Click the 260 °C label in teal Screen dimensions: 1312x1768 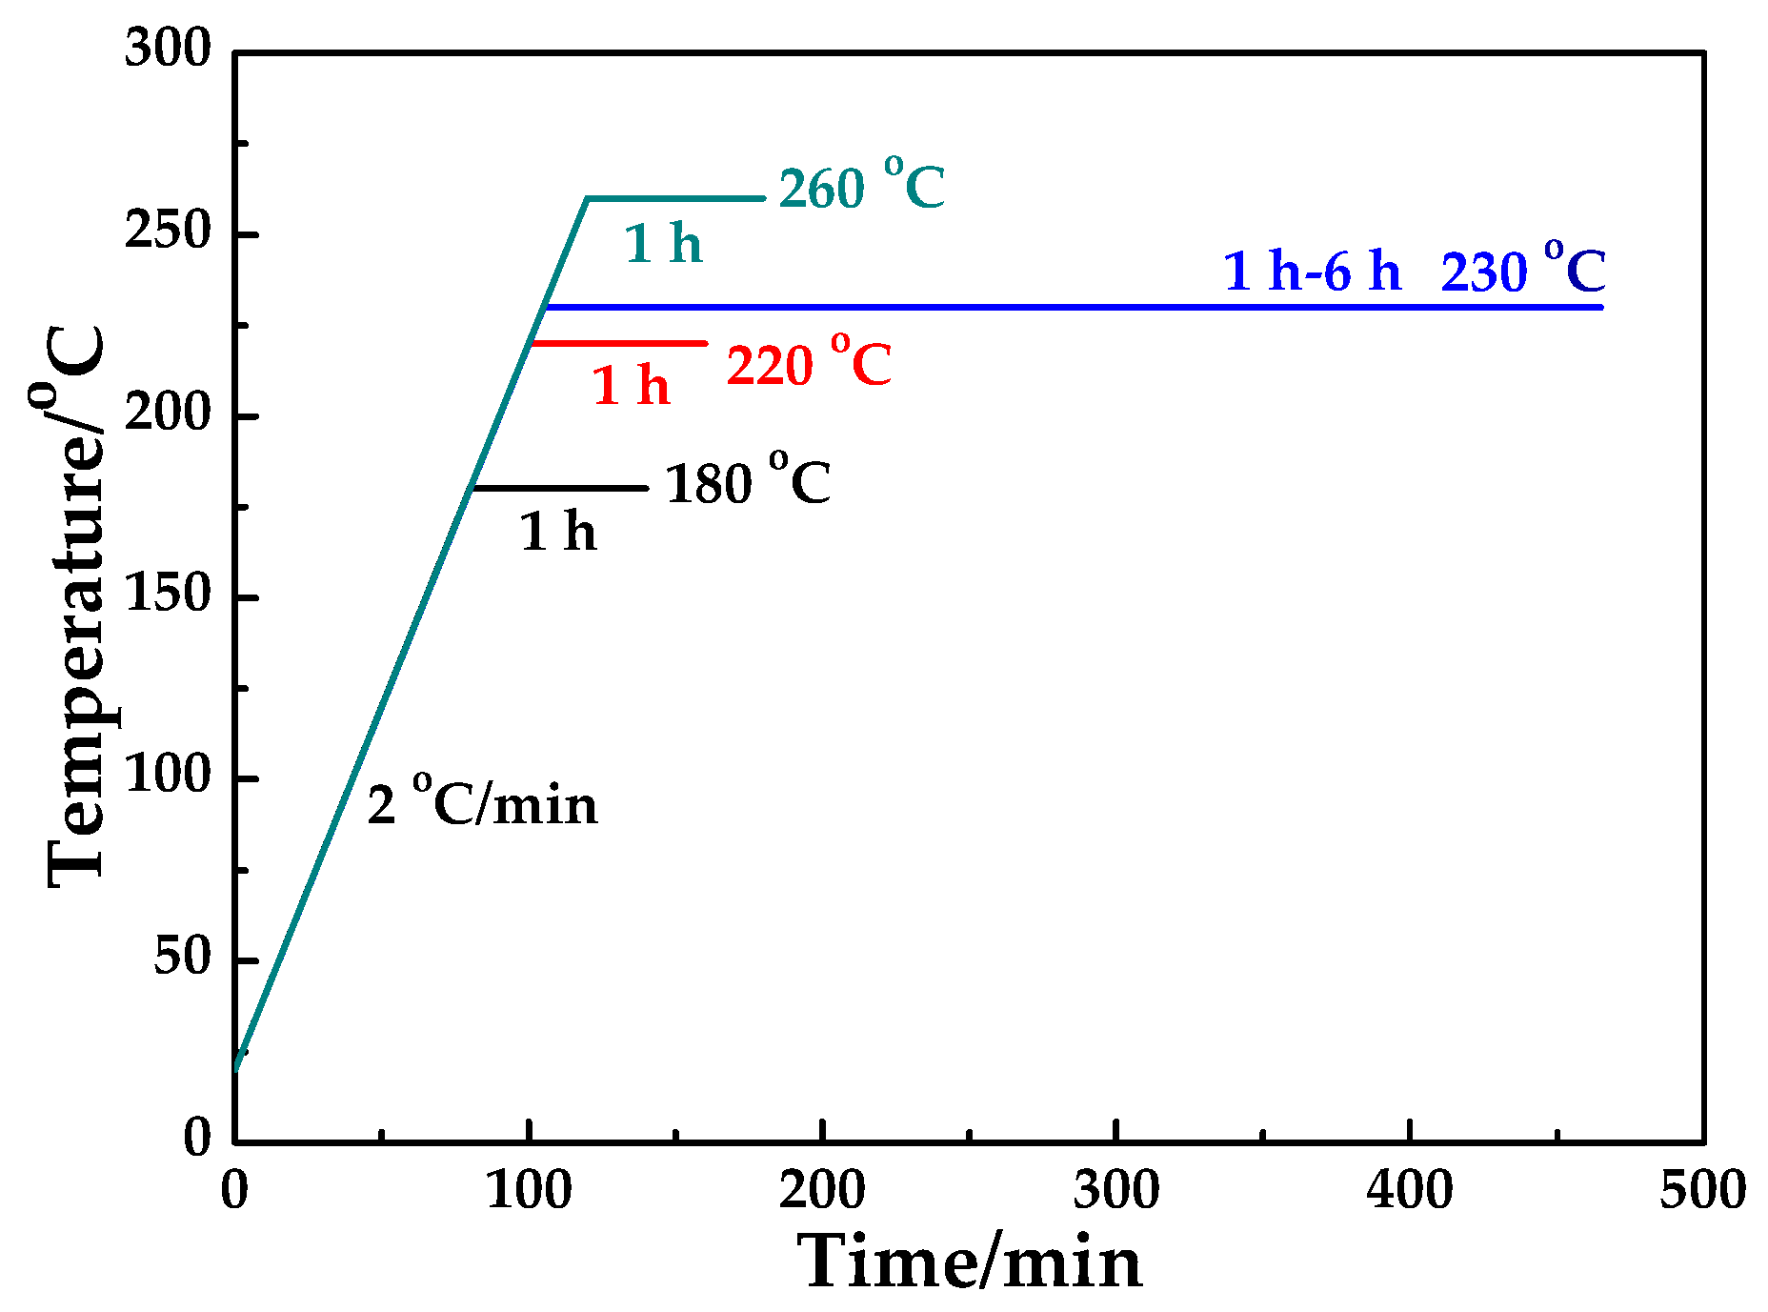point(861,186)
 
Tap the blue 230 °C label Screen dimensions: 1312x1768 point(1522,271)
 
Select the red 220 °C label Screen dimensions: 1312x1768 point(809,363)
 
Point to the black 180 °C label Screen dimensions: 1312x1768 point(747,482)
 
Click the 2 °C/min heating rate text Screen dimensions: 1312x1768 point(483,803)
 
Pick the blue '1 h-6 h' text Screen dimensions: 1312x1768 point(1312,272)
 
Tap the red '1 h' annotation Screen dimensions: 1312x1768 point(631,386)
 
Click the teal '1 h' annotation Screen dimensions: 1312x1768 point(663,244)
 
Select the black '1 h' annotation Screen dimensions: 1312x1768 point(558,532)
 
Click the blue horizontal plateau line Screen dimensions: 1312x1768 point(1048,307)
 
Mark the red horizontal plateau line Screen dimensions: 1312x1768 point(619,343)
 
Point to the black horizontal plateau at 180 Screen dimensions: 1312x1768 point(562,488)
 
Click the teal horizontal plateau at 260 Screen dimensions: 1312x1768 point(676,198)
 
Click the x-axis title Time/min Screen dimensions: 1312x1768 point(969,1262)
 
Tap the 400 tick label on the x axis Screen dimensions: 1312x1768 point(1409,1191)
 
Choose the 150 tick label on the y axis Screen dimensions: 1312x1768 point(168,595)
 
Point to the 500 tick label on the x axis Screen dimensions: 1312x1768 point(1702,1191)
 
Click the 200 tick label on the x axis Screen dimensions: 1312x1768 point(821,1191)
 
